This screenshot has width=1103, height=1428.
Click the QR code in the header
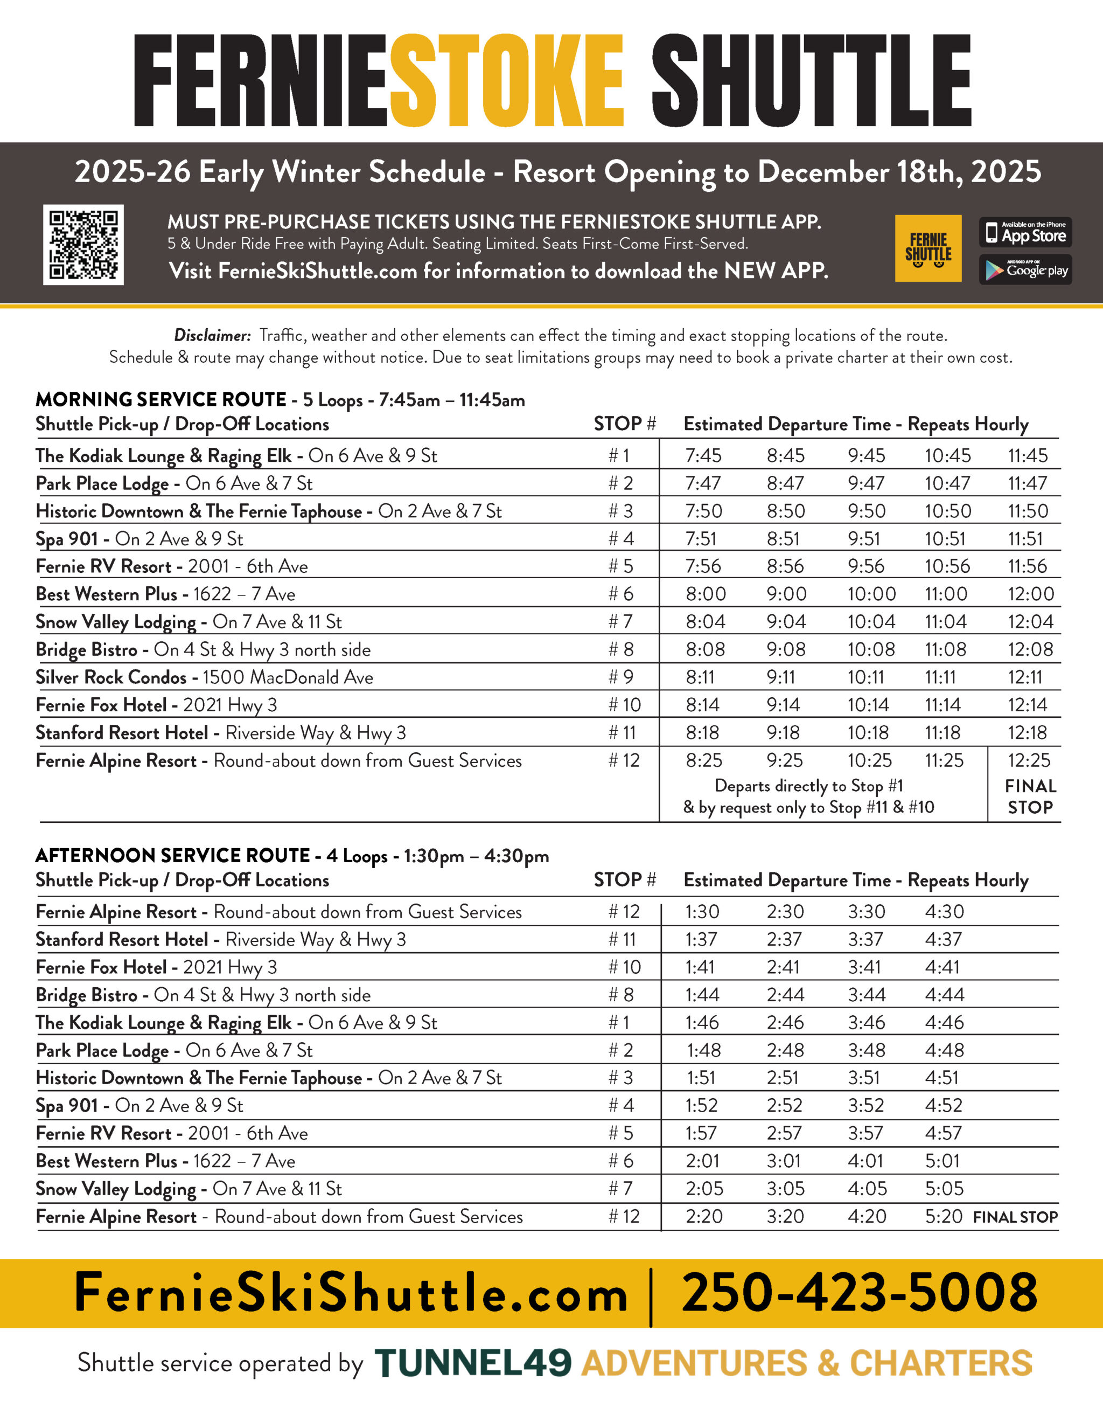click(83, 245)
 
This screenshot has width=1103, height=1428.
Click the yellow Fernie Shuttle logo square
click(927, 248)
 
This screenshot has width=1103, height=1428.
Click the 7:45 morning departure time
click(703, 455)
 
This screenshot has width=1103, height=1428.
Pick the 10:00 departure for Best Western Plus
click(871, 594)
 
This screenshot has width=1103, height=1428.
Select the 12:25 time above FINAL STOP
click(1029, 760)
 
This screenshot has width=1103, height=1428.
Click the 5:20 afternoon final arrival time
click(944, 1216)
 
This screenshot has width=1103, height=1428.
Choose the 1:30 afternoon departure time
click(702, 911)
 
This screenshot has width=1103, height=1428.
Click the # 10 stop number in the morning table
click(624, 705)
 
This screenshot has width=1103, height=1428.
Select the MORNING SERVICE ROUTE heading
click(160, 399)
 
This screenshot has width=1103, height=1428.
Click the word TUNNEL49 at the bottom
click(473, 1363)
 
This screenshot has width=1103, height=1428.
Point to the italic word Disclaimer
click(212, 335)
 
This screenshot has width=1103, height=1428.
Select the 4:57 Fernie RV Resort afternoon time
click(944, 1133)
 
